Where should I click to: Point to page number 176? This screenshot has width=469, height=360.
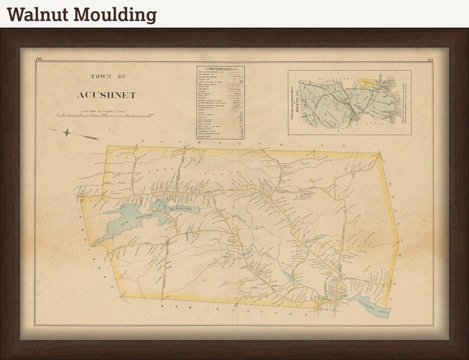click(x=38, y=60)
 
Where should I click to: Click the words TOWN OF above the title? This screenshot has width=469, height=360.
click(x=106, y=76)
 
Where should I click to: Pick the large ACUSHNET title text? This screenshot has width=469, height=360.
click(x=106, y=95)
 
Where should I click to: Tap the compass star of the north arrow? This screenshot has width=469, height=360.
click(x=67, y=132)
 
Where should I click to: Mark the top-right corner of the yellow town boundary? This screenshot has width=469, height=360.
click(x=378, y=154)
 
